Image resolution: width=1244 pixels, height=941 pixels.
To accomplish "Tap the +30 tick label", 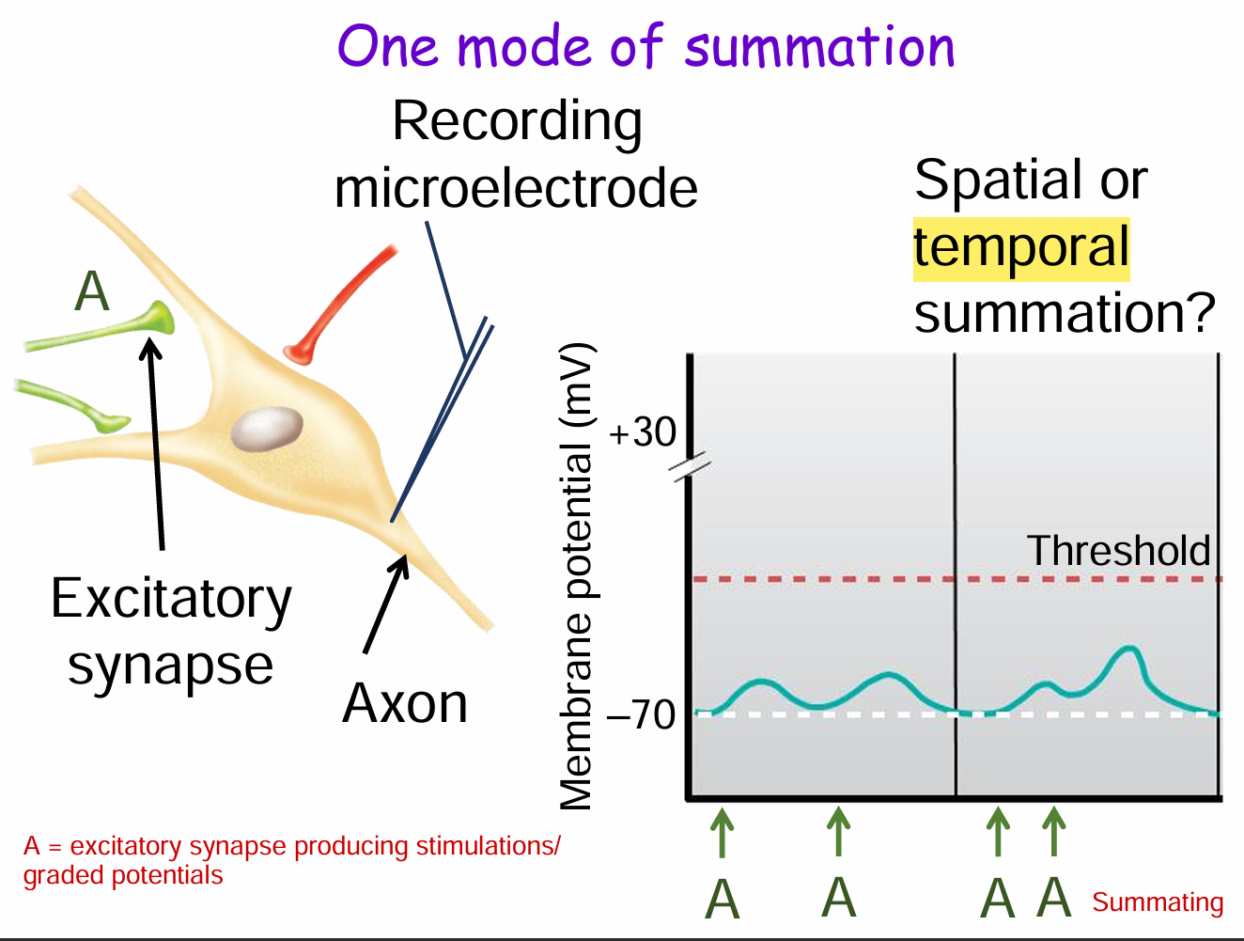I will pos(643,432).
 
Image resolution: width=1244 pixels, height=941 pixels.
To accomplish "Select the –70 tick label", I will pos(642,715).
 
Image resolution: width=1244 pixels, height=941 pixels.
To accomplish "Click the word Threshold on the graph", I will pos(1118,551).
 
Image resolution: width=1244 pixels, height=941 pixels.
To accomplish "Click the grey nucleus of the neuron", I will pos(268,429).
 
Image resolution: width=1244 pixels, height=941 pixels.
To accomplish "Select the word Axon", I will pos(405,703).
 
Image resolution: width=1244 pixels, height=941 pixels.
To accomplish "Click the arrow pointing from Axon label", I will pos(386,603).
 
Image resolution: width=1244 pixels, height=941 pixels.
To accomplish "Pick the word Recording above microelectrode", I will pos(517,122).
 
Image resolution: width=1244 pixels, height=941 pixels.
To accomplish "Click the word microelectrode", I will pos(516,188).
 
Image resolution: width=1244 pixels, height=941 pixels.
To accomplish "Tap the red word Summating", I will pos(1158,902).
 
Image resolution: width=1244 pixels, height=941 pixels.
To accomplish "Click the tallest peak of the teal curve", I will pos(1129,650).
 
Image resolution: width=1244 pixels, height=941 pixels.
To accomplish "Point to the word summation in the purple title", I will pos(819,47).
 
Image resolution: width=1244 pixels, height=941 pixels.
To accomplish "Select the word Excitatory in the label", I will pos(171,599).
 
